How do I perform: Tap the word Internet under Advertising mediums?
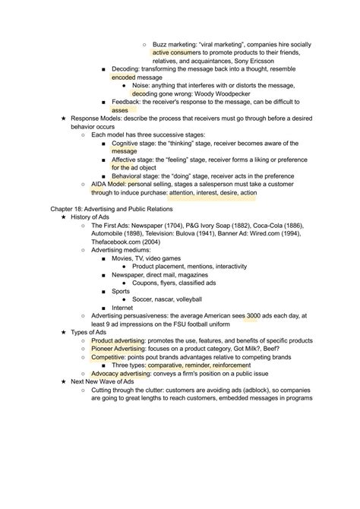point(122,307)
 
